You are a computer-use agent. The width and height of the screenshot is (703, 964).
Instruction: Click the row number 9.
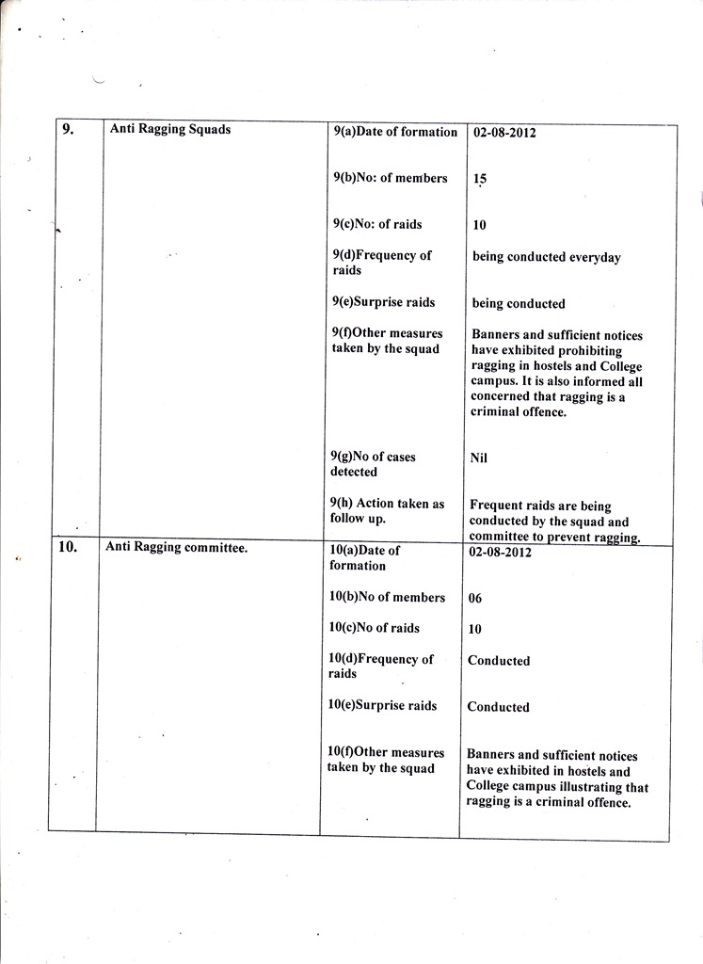[x=68, y=131]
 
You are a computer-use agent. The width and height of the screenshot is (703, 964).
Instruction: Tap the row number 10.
[x=68, y=547]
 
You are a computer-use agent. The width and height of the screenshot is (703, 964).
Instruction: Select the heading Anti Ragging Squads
[x=170, y=130]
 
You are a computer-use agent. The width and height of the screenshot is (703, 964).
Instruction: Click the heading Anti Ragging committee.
[x=176, y=547]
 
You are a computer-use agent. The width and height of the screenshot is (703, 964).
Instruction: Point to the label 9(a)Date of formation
[x=395, y=133]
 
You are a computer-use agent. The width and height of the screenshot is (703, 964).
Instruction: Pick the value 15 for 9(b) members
[x=480, y=179]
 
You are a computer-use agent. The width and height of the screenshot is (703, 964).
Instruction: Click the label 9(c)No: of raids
[x=377, y=225]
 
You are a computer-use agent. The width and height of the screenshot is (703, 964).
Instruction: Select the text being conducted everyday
[x=546, y=257]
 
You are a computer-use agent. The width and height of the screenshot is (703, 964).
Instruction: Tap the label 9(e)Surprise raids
[x=383, y=303]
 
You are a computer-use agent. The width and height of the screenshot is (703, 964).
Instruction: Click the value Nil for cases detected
[x=479, y=458]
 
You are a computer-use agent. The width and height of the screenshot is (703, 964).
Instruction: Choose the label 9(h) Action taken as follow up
[x=387, y=511]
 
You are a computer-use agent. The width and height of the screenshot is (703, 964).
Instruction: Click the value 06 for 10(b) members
[x=475, y=598]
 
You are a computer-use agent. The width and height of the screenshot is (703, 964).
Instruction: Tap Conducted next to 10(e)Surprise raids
[x=499, y=707]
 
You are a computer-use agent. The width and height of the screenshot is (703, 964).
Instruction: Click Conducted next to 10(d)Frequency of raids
[x=499, y=661]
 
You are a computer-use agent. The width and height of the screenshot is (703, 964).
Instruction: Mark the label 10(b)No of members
[x=387, y=598]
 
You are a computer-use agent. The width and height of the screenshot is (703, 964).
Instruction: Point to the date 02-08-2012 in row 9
[x=504, y=133]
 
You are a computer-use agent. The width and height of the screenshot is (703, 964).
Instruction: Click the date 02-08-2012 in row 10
[x=500, y=553]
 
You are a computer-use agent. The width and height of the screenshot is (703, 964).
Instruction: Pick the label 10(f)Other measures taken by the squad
[x=385, y=761]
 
